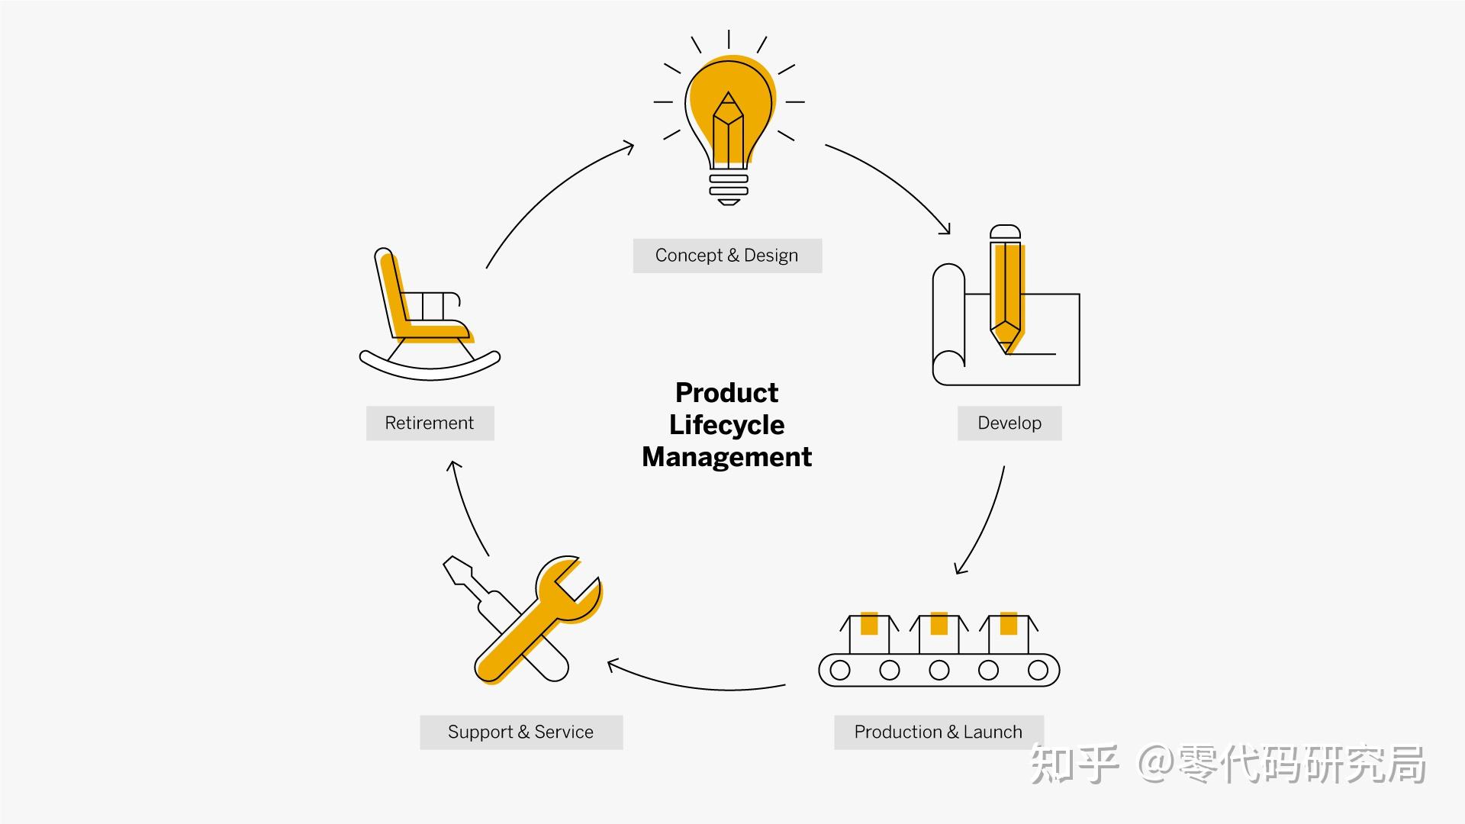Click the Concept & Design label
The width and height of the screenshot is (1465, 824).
(726, 256)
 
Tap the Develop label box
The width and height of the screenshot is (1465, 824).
(1009, 423)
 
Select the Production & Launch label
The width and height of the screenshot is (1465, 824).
(938, 732)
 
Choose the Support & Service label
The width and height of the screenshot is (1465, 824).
(520, 732)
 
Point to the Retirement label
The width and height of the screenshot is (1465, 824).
(430, 423)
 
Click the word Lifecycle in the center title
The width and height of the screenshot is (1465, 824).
(726, 425)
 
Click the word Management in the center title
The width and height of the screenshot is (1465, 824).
(726, 457)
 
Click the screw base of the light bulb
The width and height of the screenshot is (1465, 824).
(729, 187)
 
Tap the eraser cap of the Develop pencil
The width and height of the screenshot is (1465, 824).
(1005, 233)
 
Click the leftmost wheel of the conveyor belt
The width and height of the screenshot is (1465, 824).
(840, 671)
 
